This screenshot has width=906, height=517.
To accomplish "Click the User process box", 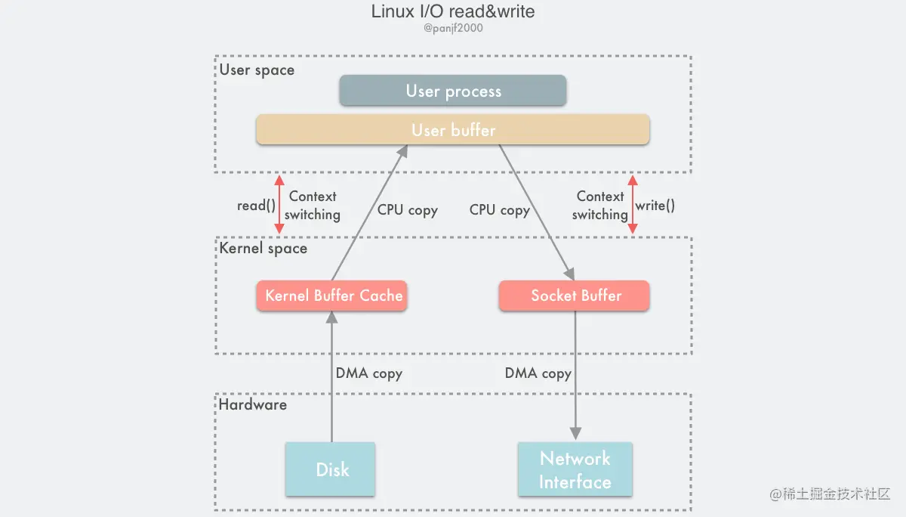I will tap(453, 91).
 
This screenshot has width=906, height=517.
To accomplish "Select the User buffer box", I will tap(453, 130).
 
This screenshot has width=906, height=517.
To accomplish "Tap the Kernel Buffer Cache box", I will tap(332, 296).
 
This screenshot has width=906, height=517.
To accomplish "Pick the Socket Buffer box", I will tap(575, 296).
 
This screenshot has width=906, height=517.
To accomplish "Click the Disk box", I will tap(331, 469).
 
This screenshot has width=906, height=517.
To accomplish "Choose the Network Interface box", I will tap(575, 469).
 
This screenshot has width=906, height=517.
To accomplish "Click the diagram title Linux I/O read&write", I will tap(453, 12).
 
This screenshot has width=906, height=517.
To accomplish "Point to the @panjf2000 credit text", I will tap(453, 29).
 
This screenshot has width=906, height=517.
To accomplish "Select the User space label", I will tap(257, 70).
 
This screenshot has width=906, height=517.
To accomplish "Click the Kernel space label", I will tap(263, 248).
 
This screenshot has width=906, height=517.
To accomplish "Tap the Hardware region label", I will tap(253, 404).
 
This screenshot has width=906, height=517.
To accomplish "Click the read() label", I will tap(256, 205).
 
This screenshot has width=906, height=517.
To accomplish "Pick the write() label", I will tap(655, 205).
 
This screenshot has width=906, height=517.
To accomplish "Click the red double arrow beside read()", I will tap(279, 204).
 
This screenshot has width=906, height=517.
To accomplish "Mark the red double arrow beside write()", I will tap(633, 204).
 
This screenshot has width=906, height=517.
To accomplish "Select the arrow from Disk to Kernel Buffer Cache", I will tap(331, 378).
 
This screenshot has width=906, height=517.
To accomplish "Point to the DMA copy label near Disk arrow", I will tap(368, 373).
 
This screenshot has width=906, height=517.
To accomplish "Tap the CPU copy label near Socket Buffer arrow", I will tap(499, 209).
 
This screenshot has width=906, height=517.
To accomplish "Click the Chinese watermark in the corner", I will tap(830, 494).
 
